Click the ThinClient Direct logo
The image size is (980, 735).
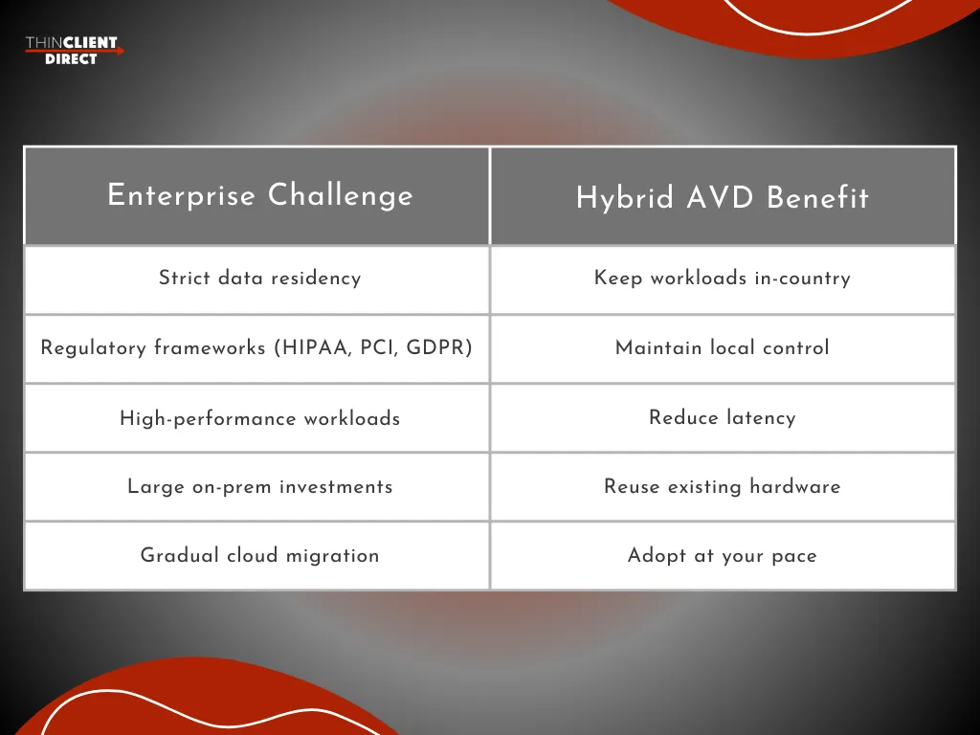(x=73, y=50)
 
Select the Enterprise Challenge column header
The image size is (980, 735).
(x=259, y=195)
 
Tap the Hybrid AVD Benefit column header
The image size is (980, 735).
(x=723, y=198)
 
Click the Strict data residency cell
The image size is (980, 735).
(x=259, y=278)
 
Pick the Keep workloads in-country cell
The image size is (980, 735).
(x=723, y=278)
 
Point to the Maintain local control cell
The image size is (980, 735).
(x=723, y=348)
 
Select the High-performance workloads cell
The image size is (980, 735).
(x=259, y=418)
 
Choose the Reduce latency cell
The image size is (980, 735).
(x=723, y=417)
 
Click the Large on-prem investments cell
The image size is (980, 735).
(x=259, y=487)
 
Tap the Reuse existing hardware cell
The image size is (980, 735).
(x=723, y=487)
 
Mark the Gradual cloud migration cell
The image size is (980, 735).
(x=259, y=556)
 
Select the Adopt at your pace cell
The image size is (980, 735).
(x=723, y=556)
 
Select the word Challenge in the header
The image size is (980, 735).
(x=341, y=195)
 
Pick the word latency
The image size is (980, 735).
(x=760, y=418)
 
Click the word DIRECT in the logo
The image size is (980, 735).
(x=71, y=59)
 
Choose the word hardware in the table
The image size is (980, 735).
(x=794, y=487)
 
